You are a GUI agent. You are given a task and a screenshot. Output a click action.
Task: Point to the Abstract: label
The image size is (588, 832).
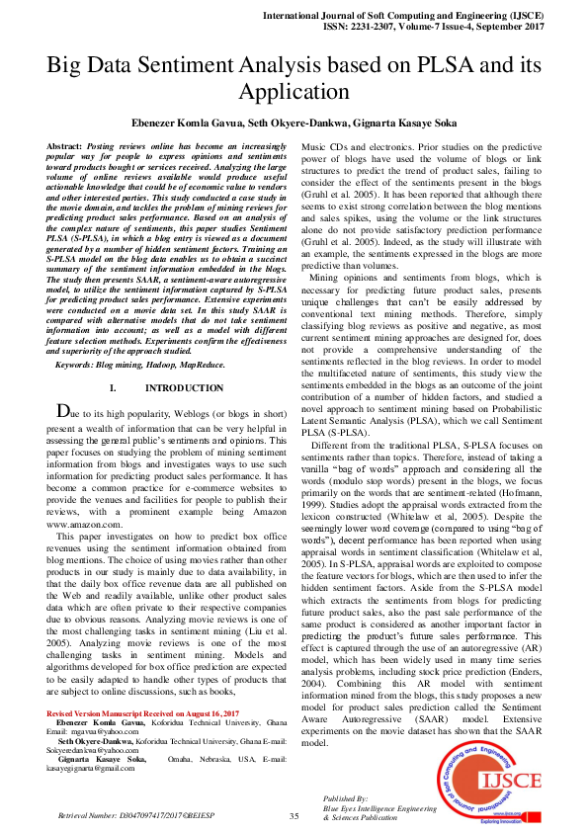coord(65,144)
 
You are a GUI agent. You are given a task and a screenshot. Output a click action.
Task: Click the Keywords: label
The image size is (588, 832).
coord(82,365)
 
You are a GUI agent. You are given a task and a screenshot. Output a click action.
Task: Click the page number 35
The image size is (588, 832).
coord(294,815)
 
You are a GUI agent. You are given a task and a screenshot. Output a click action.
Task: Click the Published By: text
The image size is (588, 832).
coord(345,796)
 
